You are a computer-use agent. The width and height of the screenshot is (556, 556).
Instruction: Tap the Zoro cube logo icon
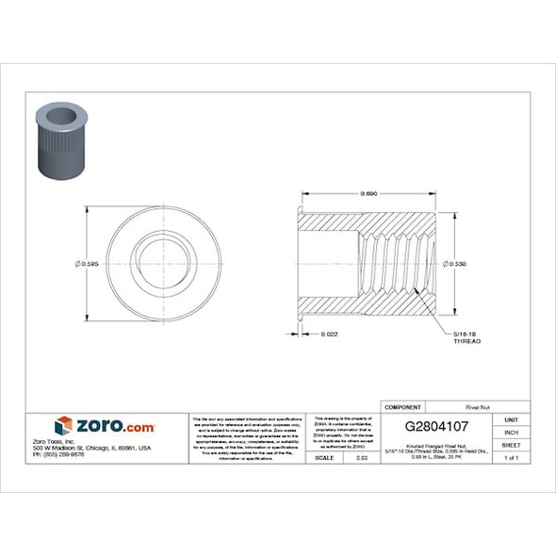(64, 426)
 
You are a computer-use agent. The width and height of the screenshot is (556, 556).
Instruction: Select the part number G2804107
(438, 426)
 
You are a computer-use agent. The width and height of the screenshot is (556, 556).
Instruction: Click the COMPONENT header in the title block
(404, 406)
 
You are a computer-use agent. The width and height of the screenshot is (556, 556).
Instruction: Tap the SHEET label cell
(512, 445)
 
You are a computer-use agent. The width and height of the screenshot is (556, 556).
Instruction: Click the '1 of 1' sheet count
(512, 458)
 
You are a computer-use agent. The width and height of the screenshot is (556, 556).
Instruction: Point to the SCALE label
(325, 457)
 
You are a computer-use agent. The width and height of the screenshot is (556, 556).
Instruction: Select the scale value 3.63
(359, 457)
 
